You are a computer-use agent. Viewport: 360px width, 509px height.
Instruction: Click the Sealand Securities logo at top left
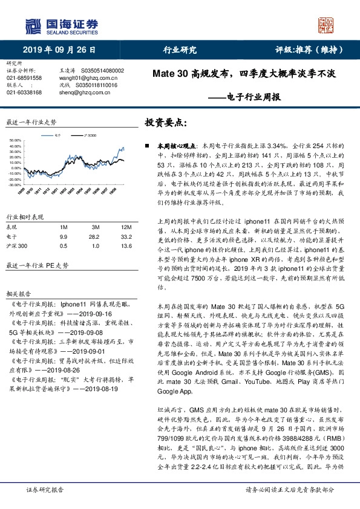(x=60, y=25)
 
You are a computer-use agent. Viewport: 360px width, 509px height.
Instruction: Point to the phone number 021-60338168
(x=24, y=92)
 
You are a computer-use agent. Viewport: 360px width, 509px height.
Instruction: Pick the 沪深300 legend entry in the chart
(x=91, y=137)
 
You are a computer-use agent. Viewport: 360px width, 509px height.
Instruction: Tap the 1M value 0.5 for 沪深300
(x=64, y=247)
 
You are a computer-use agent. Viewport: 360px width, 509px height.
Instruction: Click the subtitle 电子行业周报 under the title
(x=252, y=96)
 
